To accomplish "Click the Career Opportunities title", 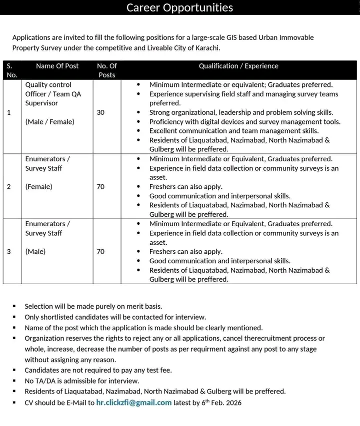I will point(179,7).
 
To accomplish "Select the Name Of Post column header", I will point(57,66).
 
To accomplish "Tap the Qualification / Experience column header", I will point(238,66).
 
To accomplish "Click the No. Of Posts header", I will point(106,70).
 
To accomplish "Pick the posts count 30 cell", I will point(100,112).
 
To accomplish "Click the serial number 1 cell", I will point(9,112).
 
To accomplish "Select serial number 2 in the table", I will point(9,187).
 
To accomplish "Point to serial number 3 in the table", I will point(9,252).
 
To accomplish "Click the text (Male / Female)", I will point(49,122).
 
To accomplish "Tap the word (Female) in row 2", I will point(39,187).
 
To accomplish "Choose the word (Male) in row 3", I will point(35,252).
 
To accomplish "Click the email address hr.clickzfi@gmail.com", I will point(134,403).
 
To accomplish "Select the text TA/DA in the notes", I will point(46,381).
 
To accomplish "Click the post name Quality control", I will point(48,85).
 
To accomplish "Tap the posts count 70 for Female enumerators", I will point(100,187).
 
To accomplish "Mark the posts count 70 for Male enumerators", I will point(100,252).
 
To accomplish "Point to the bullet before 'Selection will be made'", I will point(14,307).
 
